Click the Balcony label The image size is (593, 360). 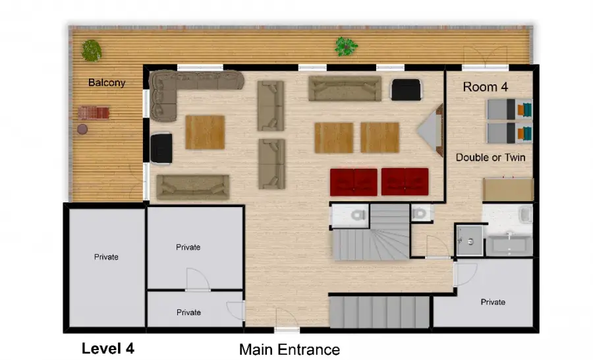[x=107, y=82]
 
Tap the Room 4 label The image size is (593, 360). [x=485, y=86]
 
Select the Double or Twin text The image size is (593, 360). [x=490, y=157]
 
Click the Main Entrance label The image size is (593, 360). [x=289, y=349]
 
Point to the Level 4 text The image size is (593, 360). [x=108, y=348]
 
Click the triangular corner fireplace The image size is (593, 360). [x=430, y=130]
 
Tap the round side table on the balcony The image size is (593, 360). [x=82, y=129]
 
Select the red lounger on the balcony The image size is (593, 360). [x=94, y=113]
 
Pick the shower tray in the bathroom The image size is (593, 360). [x=469, y=241]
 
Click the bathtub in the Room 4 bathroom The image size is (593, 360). [x=509, y=245]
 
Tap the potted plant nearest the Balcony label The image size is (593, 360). [x=92, y=51]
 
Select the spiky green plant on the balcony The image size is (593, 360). [x=346, y=46]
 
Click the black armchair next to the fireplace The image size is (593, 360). [x=406, y=90]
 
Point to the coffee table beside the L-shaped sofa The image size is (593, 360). [x=205, y=132]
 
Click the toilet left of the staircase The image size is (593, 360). [x=357, y=215]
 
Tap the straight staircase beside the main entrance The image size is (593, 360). [x=380, y=312]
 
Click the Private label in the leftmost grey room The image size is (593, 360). [x=106, y=257]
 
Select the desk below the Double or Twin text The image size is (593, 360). [x=508, y=189]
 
